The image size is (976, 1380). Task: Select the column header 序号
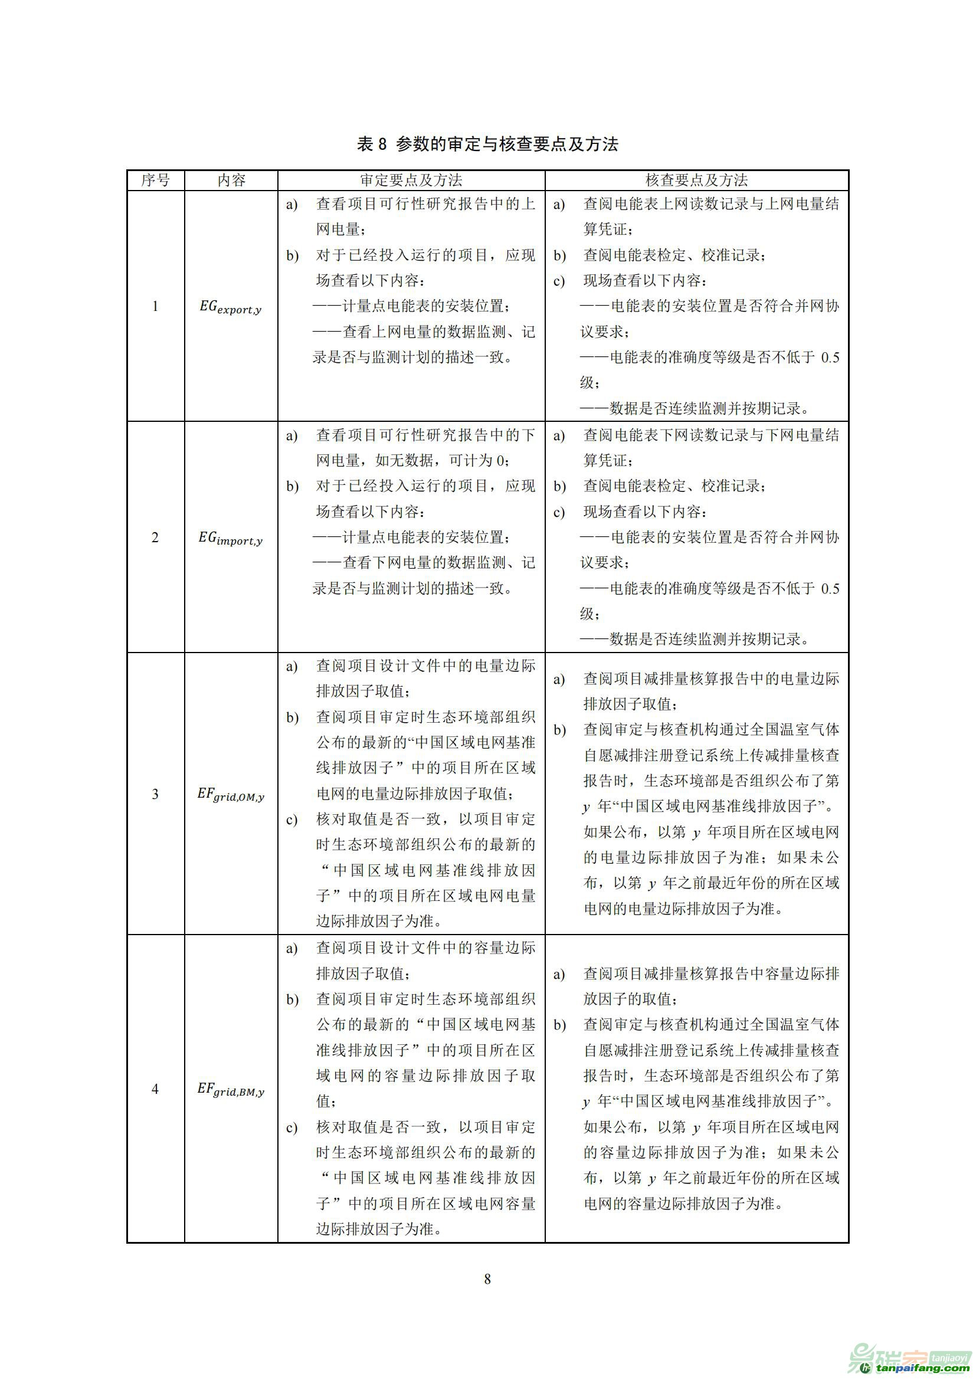(x=156, y=181)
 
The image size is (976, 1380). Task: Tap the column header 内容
(x=231, y=181)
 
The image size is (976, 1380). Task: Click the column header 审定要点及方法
(x=411, y=181)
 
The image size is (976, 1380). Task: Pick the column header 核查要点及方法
(x=696, y=181)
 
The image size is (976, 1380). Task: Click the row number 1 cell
(x=155, y=307)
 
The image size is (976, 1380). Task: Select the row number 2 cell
(x=155, y=537)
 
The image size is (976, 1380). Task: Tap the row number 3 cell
(x=155, y=794)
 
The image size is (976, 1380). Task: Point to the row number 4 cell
(x=155, y=1089)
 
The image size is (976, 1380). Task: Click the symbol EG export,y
(x=231, y=308)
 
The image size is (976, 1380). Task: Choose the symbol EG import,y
(x=231, y=539)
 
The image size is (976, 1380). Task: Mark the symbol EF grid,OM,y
(x=231, y=795)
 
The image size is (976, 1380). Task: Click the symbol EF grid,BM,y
(x=231, y=1090)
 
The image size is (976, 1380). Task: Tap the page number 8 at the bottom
(x=487, y=1279)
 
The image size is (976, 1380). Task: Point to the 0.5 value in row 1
(x=830, y=358)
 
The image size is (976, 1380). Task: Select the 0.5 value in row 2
(x=830, y=589)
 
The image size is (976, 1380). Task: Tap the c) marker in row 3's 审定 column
(x=292, y=821)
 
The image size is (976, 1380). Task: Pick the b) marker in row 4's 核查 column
(x=559, y=1025)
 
